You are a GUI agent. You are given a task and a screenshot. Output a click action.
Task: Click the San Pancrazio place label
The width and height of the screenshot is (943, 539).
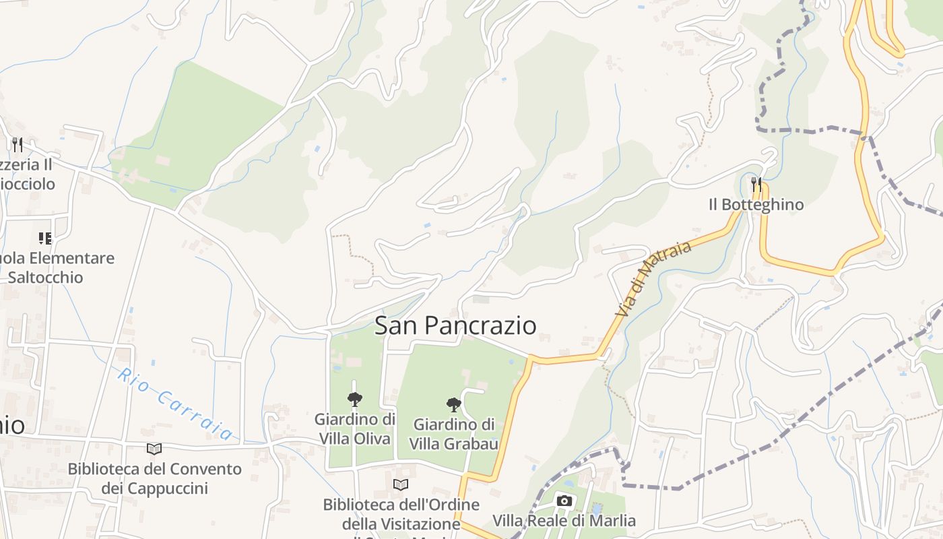(455, 325)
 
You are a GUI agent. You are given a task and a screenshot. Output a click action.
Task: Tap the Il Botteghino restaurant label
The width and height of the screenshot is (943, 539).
(756, 204)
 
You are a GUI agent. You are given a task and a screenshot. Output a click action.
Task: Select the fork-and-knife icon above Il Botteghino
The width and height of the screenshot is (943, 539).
(756, 183)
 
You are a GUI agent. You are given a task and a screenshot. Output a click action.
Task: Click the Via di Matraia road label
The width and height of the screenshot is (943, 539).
(653, 279)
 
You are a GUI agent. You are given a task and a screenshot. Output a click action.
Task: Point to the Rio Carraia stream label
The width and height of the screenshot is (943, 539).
(175, 404)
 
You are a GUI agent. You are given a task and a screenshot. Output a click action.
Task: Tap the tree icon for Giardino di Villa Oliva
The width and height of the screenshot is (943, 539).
(354, 400)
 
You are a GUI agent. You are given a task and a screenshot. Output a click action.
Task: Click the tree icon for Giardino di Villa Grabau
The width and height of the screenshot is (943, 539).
(454, 404)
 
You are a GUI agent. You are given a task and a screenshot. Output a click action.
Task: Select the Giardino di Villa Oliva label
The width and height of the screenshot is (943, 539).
(354, 429)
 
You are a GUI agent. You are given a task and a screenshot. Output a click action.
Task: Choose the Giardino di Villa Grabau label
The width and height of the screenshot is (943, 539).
(454, 434)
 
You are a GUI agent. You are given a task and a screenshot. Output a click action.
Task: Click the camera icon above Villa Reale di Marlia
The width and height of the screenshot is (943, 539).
(564, 501)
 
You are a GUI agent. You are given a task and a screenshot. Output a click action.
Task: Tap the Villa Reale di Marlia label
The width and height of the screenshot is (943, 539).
(564, 521)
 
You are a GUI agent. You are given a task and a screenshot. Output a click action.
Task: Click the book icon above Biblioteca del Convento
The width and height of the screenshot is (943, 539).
(154, 449)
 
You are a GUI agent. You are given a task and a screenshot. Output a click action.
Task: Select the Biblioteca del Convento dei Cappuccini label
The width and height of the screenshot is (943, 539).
(154, 478)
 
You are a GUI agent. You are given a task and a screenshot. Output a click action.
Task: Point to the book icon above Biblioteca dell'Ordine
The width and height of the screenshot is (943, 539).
(401, 484)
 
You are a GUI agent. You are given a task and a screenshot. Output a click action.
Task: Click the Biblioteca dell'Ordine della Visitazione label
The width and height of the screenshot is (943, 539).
(401, 514)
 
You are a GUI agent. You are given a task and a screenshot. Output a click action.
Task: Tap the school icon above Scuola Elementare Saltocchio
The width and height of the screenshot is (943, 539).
(45, 238)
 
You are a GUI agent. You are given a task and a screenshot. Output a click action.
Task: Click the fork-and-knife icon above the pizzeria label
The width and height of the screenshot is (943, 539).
(18, 144)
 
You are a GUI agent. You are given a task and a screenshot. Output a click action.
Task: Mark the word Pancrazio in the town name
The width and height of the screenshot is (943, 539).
(481, 325)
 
